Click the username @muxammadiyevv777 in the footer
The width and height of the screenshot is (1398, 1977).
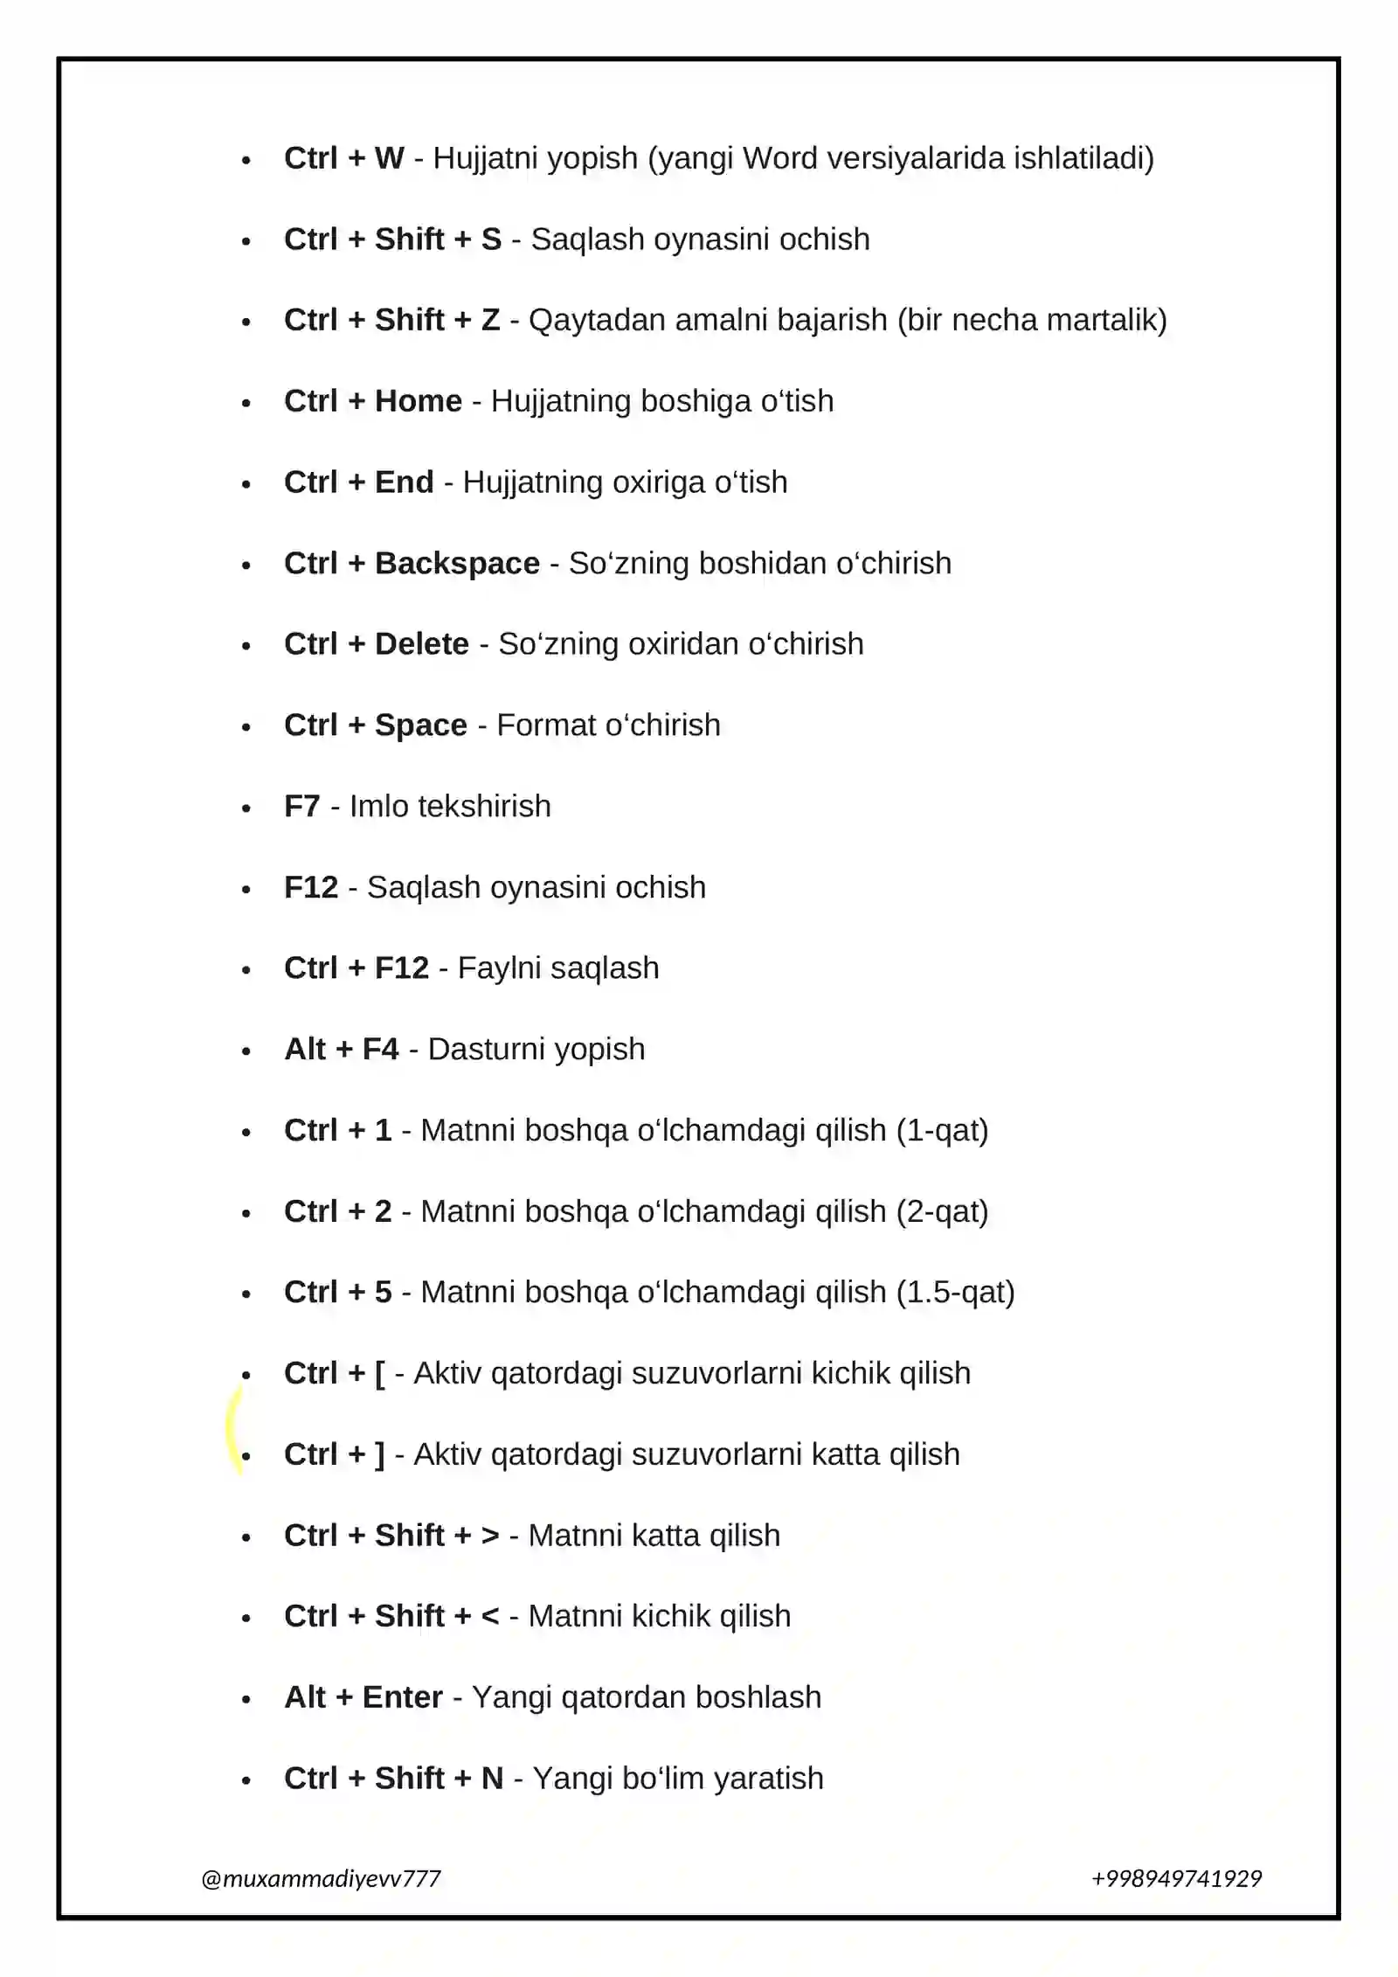point(321,1878)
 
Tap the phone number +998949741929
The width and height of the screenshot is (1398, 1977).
point(1176,1878)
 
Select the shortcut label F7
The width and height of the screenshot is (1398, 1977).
point(302,806)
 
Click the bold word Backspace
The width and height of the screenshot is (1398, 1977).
point(457,564)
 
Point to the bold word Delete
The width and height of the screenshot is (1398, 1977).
point(422,644)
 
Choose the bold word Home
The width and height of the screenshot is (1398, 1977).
point(418,401)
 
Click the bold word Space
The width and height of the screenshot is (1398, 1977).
point(421,725)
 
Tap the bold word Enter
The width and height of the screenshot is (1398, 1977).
point(403,1697)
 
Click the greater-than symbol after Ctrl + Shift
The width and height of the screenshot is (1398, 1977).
point(490,1536)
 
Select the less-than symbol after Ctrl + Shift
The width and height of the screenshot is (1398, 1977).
point(490,1616)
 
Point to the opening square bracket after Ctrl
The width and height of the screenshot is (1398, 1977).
point(380,1374)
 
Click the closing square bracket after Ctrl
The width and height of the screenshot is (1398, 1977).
point(380,1454)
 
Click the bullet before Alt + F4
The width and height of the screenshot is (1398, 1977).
point(246,1051)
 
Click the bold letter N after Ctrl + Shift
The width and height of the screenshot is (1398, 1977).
point(492,1778)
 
